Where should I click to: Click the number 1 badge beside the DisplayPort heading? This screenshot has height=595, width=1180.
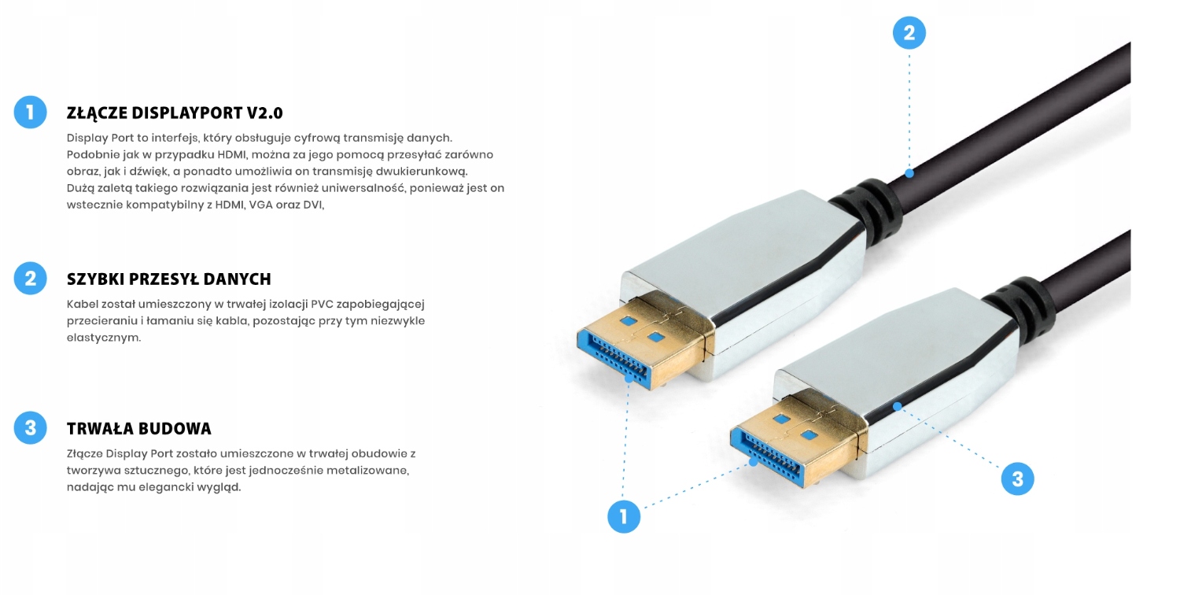(x=31, y=112)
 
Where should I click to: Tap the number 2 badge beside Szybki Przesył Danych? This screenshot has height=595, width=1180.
(x=31, y=278)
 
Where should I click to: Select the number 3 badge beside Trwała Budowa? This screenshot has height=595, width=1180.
(x=31, y=427)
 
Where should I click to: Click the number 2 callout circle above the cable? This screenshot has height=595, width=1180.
(x=909, y=33)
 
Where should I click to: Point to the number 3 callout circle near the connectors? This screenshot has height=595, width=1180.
(x=1017, y=479)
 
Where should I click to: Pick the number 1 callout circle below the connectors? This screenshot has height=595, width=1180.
(x=624, y=516)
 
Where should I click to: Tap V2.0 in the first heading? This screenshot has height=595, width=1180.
(x=262, y=113)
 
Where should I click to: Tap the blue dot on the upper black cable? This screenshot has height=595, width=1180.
(x=909, y=173)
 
